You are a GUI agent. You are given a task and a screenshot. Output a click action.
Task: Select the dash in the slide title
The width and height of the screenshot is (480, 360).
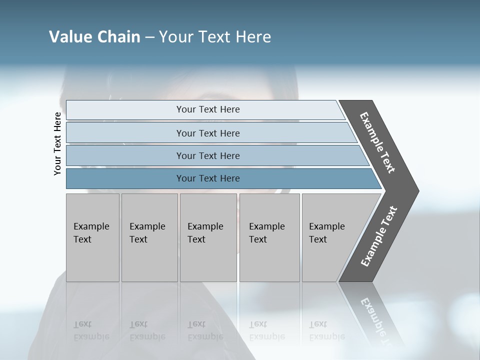149,37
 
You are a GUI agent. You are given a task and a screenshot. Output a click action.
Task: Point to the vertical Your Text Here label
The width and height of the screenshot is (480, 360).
57,144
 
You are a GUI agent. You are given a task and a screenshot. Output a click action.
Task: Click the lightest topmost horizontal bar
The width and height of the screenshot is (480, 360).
207,109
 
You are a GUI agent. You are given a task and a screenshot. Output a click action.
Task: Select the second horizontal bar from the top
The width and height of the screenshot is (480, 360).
207,133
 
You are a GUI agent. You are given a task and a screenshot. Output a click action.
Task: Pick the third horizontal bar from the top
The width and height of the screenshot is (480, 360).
207,155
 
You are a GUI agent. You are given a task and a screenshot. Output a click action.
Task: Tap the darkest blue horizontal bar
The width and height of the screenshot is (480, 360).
207,178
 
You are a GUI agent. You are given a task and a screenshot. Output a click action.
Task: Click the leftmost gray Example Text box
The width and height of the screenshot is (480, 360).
92,237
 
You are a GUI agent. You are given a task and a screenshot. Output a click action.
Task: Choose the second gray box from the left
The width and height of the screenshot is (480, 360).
149,237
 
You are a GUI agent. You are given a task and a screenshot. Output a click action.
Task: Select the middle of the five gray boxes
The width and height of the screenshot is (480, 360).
208,237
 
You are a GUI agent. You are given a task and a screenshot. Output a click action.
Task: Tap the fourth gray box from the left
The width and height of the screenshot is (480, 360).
269,237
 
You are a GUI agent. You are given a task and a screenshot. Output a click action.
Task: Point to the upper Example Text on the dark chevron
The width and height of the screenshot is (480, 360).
377,142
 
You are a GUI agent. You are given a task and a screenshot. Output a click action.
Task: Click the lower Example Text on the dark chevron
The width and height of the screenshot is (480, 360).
378,236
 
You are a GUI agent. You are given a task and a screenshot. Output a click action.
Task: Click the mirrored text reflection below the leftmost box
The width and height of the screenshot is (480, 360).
91,331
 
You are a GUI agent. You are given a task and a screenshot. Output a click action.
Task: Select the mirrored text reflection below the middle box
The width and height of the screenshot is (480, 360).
205,331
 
